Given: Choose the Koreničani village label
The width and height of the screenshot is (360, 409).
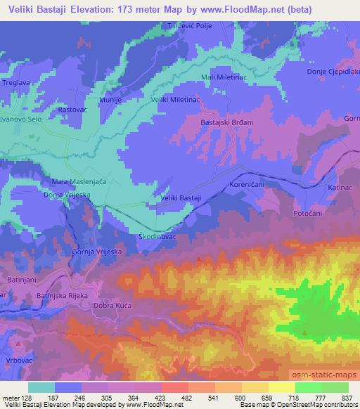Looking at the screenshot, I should coord(247,184).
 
